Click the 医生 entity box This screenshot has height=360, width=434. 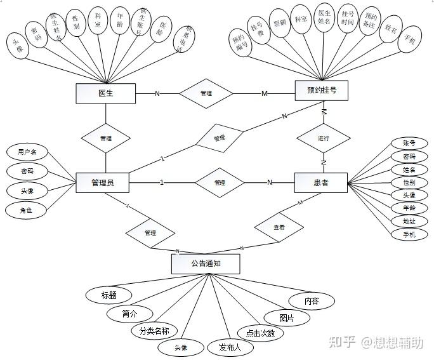(x=105, y=93)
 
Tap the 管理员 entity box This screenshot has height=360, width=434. (x=102, y=183)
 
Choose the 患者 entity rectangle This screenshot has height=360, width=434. (x=321, y=183)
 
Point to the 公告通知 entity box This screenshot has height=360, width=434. (x=206, y=263)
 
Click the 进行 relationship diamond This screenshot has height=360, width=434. (x=324, y=138)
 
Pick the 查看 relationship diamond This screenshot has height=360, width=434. (x=279, y=227)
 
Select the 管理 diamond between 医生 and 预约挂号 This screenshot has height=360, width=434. (x=206, y=93)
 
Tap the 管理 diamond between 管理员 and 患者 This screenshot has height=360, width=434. (x=220, y=183)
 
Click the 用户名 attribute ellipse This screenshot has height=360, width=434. (x=27, y=152)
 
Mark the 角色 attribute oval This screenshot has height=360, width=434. (x=27, y=210)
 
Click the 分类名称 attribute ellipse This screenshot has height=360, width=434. (x=154, y=331)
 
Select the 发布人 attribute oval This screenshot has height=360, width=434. (x=231, y=347)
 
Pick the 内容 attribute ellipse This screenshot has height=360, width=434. (x=311, y=300)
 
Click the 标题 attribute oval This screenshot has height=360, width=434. (x=109, y=295)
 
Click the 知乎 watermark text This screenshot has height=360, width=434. (x=346, y=343)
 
